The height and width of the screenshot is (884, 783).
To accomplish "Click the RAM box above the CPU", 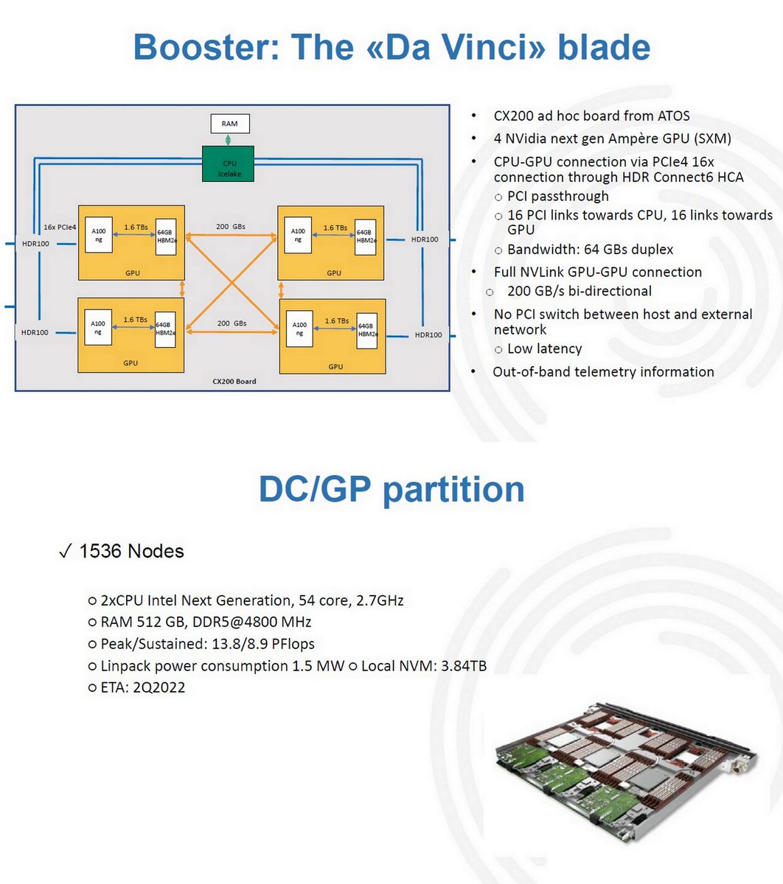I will tap(229, 124).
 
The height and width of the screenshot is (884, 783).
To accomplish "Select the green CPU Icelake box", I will tap(229, 164).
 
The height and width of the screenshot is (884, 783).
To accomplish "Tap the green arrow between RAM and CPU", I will tap(229, 140).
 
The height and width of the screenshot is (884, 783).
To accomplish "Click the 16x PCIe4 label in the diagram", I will tap(60, 227).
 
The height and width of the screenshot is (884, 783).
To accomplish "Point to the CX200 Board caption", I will tap(234, 382).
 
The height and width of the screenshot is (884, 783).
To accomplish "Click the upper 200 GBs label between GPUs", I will tap(231, 227).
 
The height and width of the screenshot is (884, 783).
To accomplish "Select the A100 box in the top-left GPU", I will tap(98, 235).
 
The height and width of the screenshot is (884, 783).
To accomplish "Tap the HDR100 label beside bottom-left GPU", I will tap(35, 332).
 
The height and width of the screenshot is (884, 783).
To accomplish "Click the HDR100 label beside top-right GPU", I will tap(425, 239).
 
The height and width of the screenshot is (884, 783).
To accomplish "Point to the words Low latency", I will tap(544, 348).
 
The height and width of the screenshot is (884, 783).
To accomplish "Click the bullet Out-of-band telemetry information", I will tap(602, 372).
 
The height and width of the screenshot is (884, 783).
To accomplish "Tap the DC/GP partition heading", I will tap(391, 489).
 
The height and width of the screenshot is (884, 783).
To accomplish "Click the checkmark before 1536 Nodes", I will tap(64, 551).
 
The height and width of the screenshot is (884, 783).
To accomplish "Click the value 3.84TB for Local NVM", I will tap(464, 666).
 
